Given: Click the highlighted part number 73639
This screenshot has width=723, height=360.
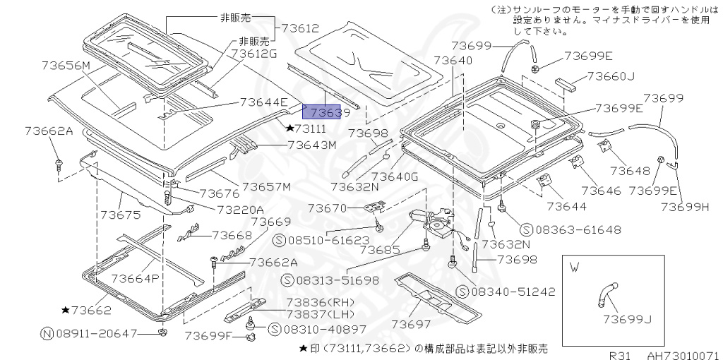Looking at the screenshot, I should pyautogui.click(x=321, y=112).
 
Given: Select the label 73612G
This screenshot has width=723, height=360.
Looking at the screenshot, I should pyautogui.click(x=254, y=54).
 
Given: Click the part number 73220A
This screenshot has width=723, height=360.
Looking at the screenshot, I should pyautogui.click(x=240, y=209).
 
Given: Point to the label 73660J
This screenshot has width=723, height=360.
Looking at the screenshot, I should pyautogui.click(x=611, y=77).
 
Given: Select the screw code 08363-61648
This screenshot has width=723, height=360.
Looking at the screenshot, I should pyautogui.click(x=569, y=229).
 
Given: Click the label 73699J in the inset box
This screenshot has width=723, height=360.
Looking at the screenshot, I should pyautogui.click(x=627, y=319).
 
